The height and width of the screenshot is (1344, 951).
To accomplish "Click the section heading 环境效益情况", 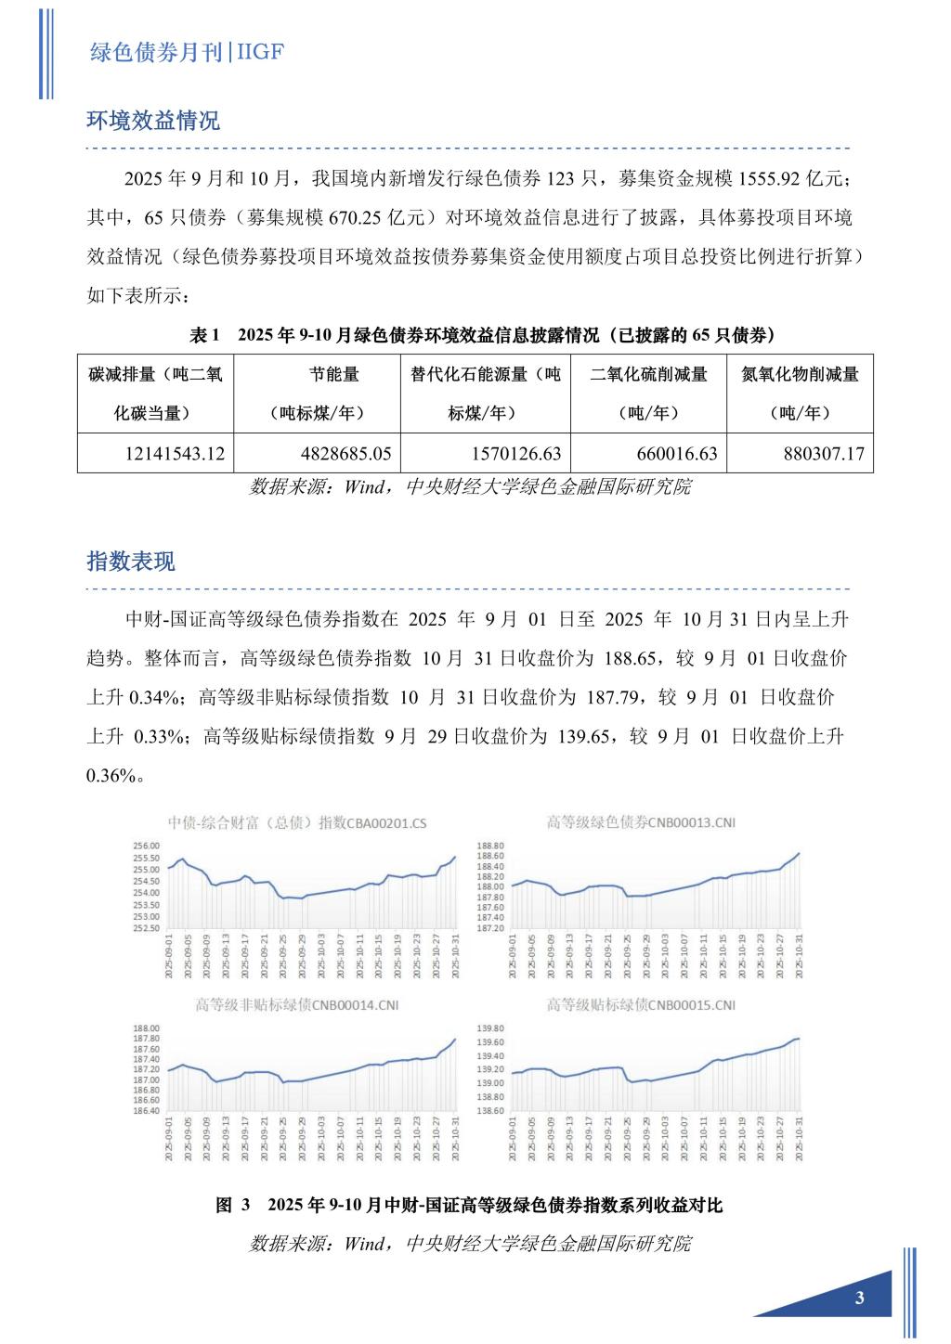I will coord(153,121).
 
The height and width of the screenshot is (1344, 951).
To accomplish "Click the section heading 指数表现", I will coord(131,562).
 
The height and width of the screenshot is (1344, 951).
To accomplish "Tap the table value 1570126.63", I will coord(506,455).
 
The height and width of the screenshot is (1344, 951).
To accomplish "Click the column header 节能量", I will coord(334,374).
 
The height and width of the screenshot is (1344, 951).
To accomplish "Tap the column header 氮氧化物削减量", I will coord(801,374).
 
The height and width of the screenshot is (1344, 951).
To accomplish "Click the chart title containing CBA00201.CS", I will coord(297,822).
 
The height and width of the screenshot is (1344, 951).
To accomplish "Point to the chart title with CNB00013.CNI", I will coord(641,822).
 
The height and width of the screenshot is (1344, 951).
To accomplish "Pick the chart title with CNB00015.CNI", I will coord(641,1005).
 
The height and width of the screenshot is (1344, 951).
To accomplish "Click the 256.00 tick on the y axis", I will coord(148,846).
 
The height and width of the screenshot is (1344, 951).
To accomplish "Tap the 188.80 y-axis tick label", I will coord(490,846).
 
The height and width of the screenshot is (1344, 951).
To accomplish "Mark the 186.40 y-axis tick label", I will coord(148,1111).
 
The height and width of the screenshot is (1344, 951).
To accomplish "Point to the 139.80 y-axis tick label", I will coord(490,1028).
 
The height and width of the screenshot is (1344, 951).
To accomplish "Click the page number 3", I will coord(859,1298).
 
